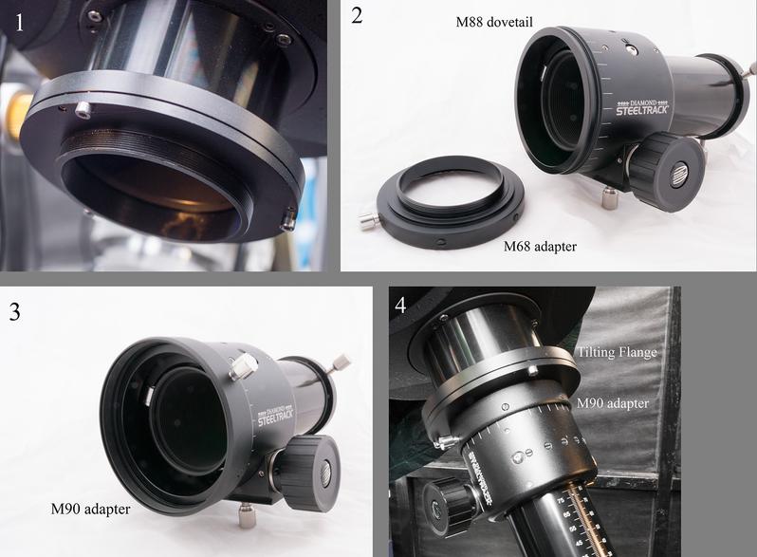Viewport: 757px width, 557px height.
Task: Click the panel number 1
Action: [18, 18]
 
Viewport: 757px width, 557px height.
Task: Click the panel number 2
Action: [357, 16]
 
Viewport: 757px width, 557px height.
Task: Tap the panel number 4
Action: [401, 306]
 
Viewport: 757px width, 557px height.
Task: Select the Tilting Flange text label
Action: [618, 351]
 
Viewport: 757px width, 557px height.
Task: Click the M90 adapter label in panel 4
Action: [613, 403]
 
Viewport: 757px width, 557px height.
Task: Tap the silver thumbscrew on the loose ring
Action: [364, 225]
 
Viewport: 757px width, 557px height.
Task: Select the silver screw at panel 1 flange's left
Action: [83, 110]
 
